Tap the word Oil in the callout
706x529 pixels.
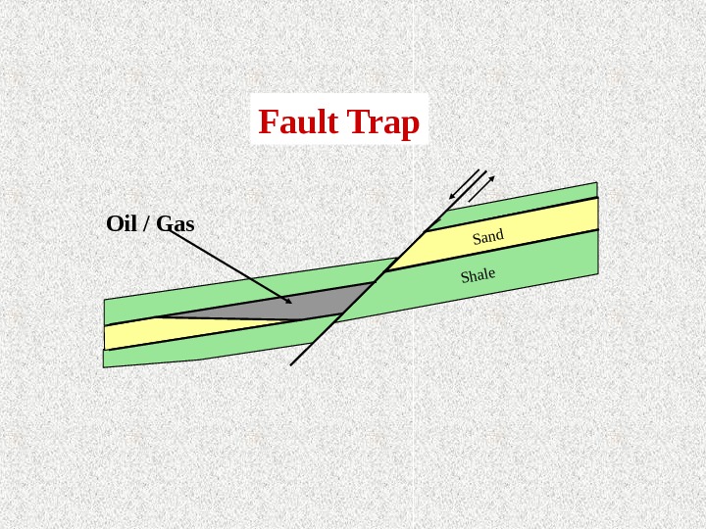tap(121, 223)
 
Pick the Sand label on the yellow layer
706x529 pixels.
tap(487, 236)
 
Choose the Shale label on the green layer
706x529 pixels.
tap(478, 275)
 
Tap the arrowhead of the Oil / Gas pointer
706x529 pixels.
tap(287, 301)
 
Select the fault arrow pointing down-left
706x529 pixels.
tap(463, 185)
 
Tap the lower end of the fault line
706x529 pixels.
tap(292, 363)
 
